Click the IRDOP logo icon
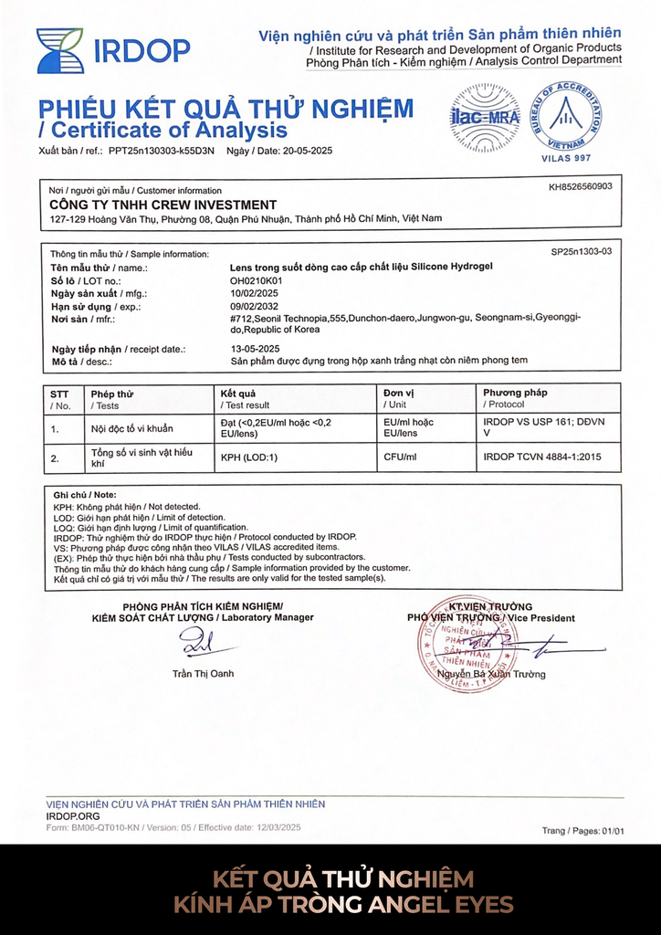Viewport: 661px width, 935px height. click(59, 50)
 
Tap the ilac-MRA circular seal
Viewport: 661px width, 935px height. click(485, 118)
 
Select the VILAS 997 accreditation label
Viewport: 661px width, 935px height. click(567, 159)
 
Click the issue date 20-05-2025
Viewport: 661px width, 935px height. click(307, 151)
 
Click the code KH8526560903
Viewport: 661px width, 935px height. click(580, 186)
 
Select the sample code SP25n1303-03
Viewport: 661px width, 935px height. click(582, 251)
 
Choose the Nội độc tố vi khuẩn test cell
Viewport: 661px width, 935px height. click(131, 427)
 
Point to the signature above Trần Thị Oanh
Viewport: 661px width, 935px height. click(198, 645)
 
